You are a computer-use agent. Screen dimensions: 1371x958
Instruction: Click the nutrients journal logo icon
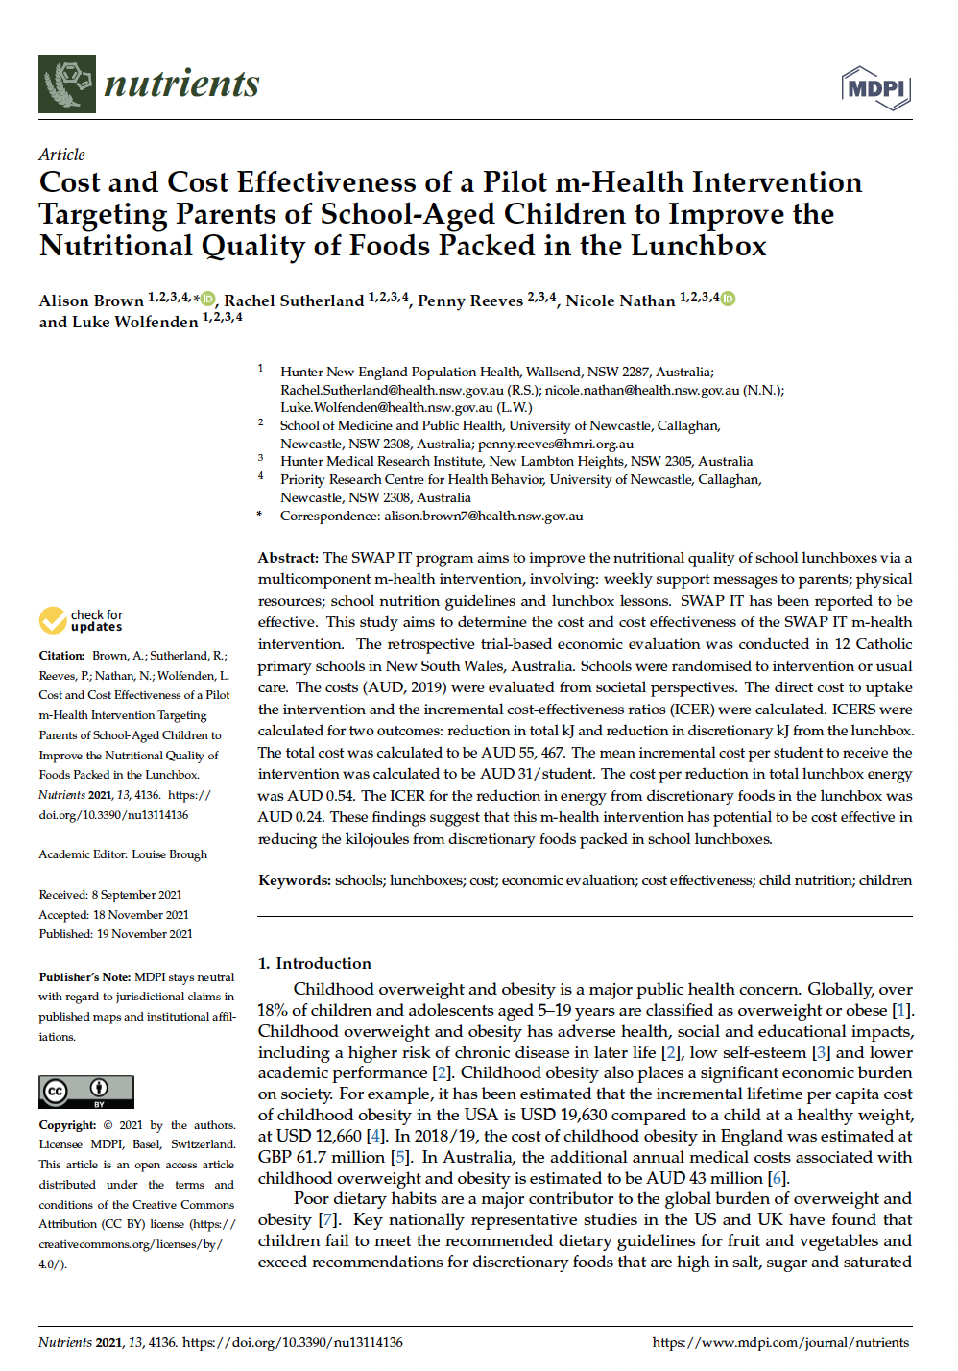coord(67,84)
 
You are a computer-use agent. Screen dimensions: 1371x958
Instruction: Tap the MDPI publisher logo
coord(875,88)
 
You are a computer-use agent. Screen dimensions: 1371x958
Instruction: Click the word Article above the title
coord(61,155)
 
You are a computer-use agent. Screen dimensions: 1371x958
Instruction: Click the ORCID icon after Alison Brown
coord(208,299)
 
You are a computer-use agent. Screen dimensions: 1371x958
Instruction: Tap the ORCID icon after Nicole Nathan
coord(728,299)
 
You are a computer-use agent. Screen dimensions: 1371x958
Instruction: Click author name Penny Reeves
coord(470,301)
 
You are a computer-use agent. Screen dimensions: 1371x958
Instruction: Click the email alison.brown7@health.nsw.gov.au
coord(483,517)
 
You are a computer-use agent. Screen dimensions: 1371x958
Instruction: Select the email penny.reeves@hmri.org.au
coord(556,445)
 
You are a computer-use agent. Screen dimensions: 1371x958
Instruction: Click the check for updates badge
coord(82,620)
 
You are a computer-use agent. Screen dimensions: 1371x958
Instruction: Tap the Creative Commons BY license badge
coord(86,1092)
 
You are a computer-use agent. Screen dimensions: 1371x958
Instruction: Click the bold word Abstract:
coord(288,558)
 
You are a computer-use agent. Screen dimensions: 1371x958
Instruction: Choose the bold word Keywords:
coord(295,880)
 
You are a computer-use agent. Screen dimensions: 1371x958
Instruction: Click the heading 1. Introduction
coord(314,963)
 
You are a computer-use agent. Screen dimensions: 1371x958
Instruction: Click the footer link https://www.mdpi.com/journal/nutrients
coord(780,1342)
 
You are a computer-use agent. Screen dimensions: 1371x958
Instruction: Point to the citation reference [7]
coord(328,1220)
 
